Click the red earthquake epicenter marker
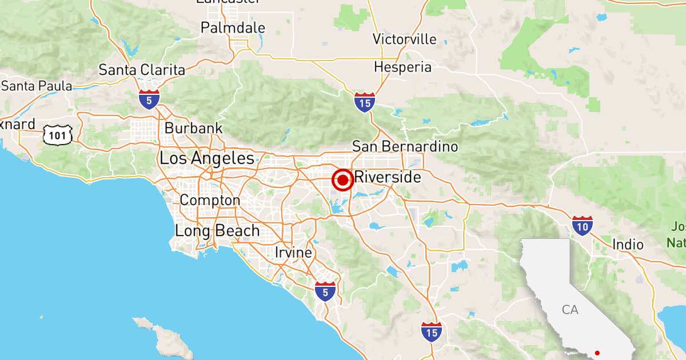343,181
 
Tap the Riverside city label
388,177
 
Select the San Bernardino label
405,147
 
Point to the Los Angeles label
207,158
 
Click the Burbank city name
193,128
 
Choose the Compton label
210,201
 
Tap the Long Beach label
217,231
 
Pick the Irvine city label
293,253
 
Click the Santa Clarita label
142,70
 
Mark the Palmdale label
233,27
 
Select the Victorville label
404,39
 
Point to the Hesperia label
402,67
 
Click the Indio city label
628,245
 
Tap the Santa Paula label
37,86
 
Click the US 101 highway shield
58,135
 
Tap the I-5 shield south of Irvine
325,291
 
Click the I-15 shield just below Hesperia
364,102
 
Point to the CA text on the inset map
570,310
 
